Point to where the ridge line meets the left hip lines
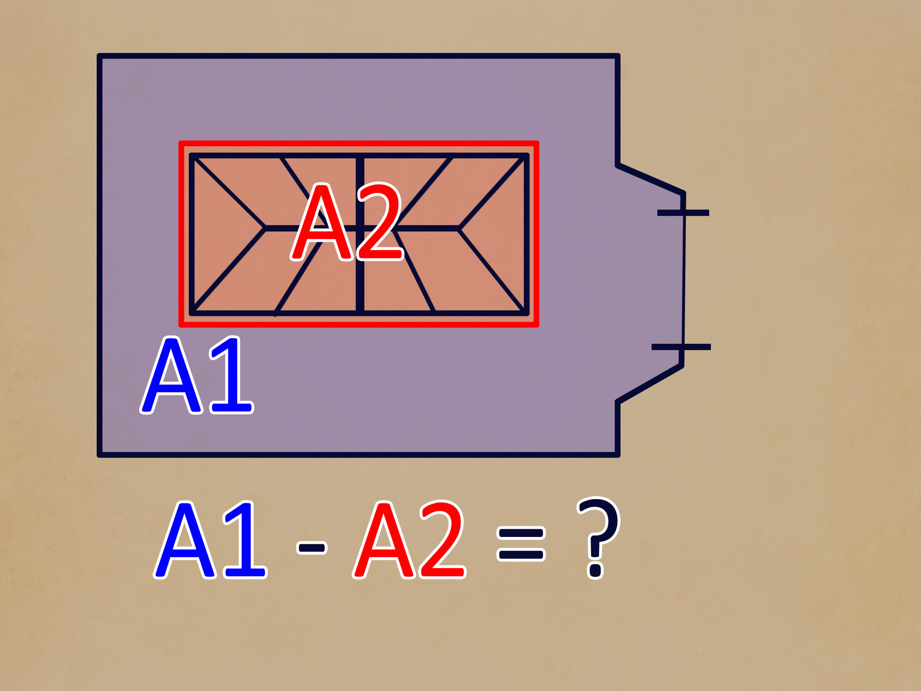[x=264, y=228]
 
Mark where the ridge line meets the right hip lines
[x=459, y=228]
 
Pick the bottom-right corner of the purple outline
[x=618, y=455]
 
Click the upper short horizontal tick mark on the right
[x=683, y=213]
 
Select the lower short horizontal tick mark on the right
[x=681, y=347]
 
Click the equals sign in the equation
[x=521, y=544]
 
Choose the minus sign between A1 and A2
[x=312, y=548]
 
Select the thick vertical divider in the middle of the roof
[x=360, y=234]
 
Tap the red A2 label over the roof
[x=346, y=222]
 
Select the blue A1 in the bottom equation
[x=210, y=539]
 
